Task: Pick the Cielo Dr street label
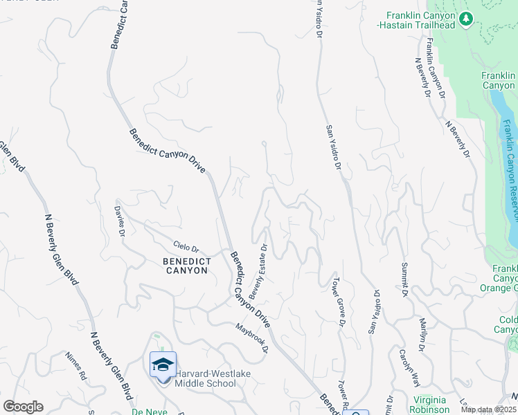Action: [186, 247]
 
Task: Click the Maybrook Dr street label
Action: [251, 338]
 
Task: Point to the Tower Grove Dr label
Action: [339, 301]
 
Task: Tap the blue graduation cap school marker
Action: [163, 365]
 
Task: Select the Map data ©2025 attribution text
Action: [490, 409]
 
